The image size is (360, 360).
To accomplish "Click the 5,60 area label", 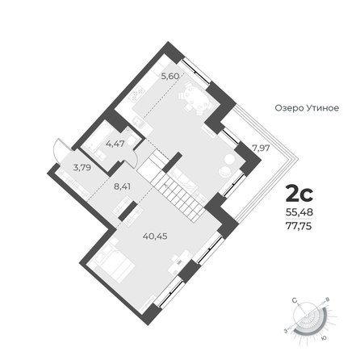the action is pos(170,76).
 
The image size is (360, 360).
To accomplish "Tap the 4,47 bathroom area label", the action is pos(115,144).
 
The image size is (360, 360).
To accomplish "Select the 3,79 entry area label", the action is pos(82,168).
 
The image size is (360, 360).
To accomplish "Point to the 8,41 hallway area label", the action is pos(123,186).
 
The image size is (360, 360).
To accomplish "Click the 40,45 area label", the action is pos(155,237).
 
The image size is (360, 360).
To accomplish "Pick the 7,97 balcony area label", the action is pos(261,148).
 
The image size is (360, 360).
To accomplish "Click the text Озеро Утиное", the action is pos(307,108).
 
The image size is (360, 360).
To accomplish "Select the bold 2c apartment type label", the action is pos(299,194).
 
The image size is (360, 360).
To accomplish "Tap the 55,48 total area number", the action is pos(299,212).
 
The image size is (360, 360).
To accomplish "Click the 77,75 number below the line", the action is pos(299,227).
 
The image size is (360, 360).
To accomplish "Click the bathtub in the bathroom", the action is pos(97,138).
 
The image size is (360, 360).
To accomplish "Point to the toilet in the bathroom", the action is pos(132,140).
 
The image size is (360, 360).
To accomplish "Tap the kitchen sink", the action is pos(139,122).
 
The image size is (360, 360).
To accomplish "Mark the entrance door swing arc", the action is pos(57,151).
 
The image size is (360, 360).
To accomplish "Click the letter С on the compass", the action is pos(295,300).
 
